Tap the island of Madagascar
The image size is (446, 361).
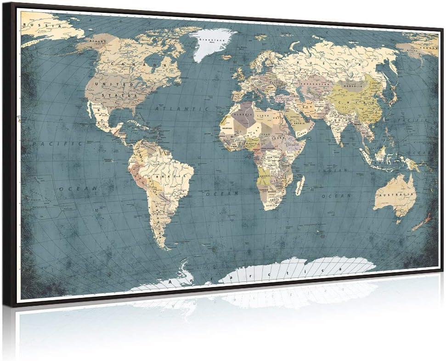(300, 185)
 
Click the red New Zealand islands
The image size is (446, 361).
(421, 223)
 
